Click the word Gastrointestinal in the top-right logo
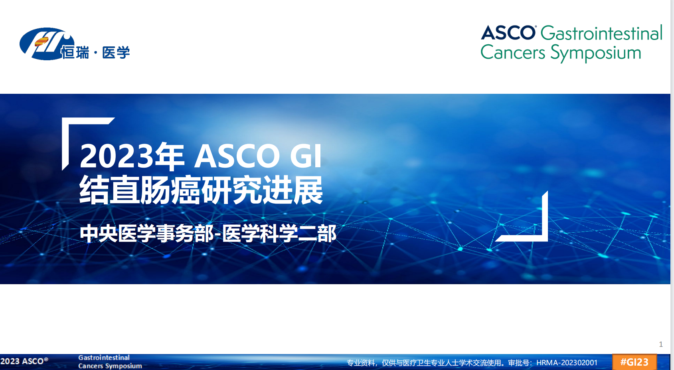601,33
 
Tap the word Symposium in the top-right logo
595,53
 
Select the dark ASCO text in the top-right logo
508,33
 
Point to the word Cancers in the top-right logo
513,52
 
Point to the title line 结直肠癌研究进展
201,190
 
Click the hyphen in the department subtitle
218,235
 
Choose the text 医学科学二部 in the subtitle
279,233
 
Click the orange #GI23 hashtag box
634,362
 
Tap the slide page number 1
661,344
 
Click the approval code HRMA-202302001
567,363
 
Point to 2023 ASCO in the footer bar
24,361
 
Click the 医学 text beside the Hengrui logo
116,53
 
